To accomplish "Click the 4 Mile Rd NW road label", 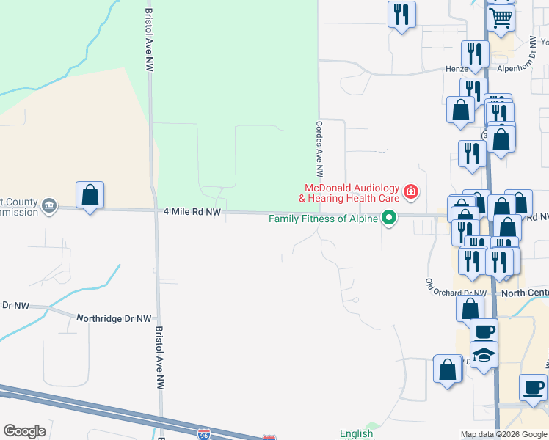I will (193, 212).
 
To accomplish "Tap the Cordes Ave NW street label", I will (319, 150).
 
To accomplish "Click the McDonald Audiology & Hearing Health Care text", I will (349, 193).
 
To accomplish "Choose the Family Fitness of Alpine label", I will (323, 219).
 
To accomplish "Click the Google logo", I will (24, 431).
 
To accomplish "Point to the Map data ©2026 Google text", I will (503, 434).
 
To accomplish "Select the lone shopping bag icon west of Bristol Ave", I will (90, 195).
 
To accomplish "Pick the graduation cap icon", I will (484, 356).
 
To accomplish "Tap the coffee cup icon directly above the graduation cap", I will (484, 331).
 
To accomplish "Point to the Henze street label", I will (457, 68).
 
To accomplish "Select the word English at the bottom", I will (357, 434).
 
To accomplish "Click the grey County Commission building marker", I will (49, 204).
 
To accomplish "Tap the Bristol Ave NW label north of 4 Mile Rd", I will (149, 44).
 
